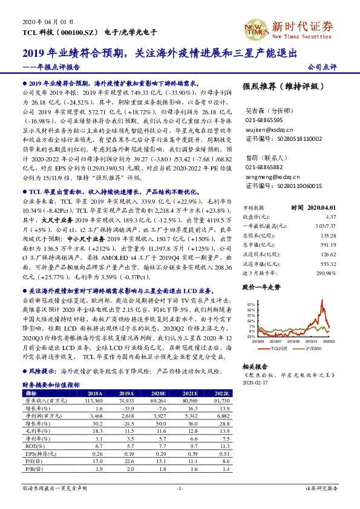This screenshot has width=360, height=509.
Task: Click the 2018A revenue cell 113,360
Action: coord(96,400)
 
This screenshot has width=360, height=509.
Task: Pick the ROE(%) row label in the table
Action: coord(33,446)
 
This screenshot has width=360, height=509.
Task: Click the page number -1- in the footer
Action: coord(179,487)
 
